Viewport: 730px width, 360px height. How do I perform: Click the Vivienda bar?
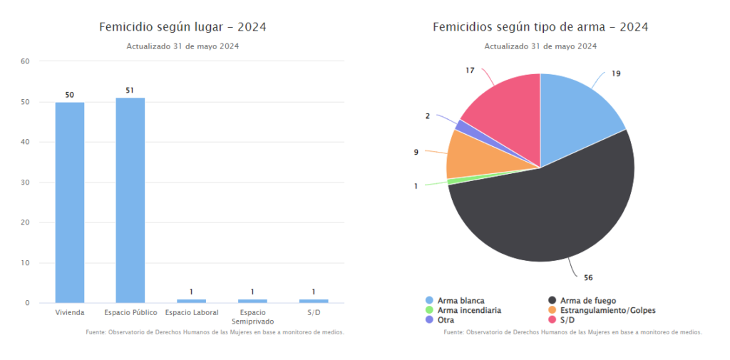coord(70,202)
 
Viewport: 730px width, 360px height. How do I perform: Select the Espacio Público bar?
coord(130,200)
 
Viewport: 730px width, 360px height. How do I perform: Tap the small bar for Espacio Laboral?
coord(191,301)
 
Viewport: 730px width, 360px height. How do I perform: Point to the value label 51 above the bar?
coord(130,91)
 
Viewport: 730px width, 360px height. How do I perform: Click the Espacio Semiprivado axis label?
coord(252,317)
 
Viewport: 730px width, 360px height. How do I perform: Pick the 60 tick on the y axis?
coord(25,61)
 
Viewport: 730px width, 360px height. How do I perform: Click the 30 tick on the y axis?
coord(25,182)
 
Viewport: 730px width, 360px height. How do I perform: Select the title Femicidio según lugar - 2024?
coord(183,28)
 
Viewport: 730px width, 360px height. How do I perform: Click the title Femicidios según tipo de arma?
coord(540,28)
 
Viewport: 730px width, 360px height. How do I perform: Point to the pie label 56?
coord(588,277)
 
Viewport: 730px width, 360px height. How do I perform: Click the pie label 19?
coord(616,73)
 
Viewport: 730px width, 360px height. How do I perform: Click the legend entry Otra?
coord(446,320)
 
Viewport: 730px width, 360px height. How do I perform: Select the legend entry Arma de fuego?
coord(588,301)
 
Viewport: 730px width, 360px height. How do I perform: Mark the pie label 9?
coord(416,152)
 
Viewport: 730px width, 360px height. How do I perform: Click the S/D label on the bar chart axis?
coord(313,312)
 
